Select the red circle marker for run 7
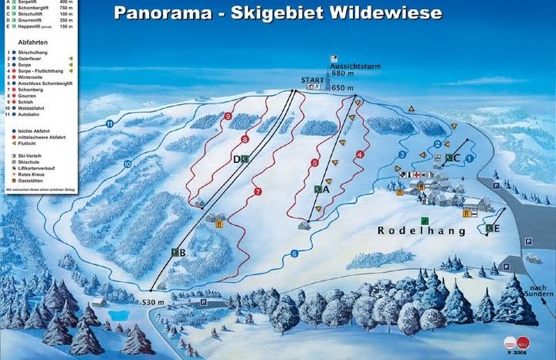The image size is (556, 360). pyautogui.click(x=257, y=191)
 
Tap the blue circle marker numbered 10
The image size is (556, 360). pyautogui.click(x=127, y=163)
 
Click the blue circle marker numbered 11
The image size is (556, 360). pyautogui.click(x=110, y=123)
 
